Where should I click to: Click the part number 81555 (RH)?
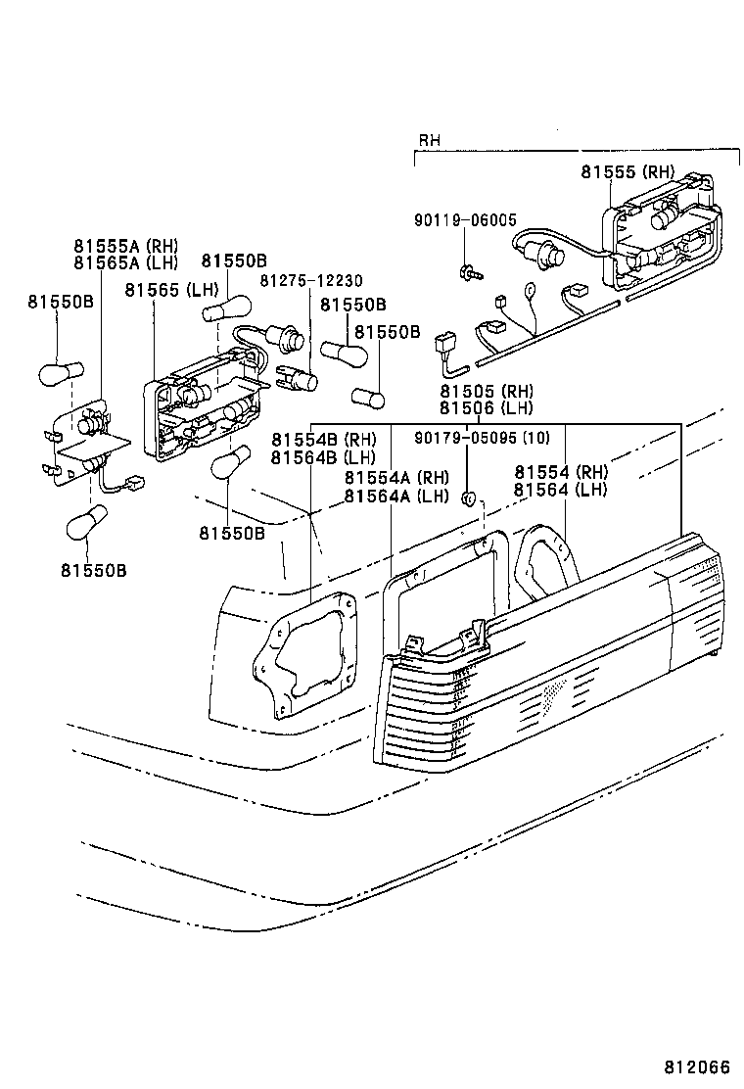[628, 171]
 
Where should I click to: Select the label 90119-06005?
[465, 221]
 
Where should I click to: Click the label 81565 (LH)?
[171, 289]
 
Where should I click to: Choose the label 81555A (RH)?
[124, 246]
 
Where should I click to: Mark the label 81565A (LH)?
[124, 262]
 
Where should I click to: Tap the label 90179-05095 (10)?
[482, 438]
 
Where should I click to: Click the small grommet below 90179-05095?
[469, 499]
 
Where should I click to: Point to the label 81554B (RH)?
[324, 440]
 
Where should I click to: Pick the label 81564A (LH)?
[395, 495]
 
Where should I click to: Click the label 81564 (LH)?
[561, 489]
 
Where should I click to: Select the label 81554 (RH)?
[561, 471]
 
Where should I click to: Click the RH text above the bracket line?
[430, 141]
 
